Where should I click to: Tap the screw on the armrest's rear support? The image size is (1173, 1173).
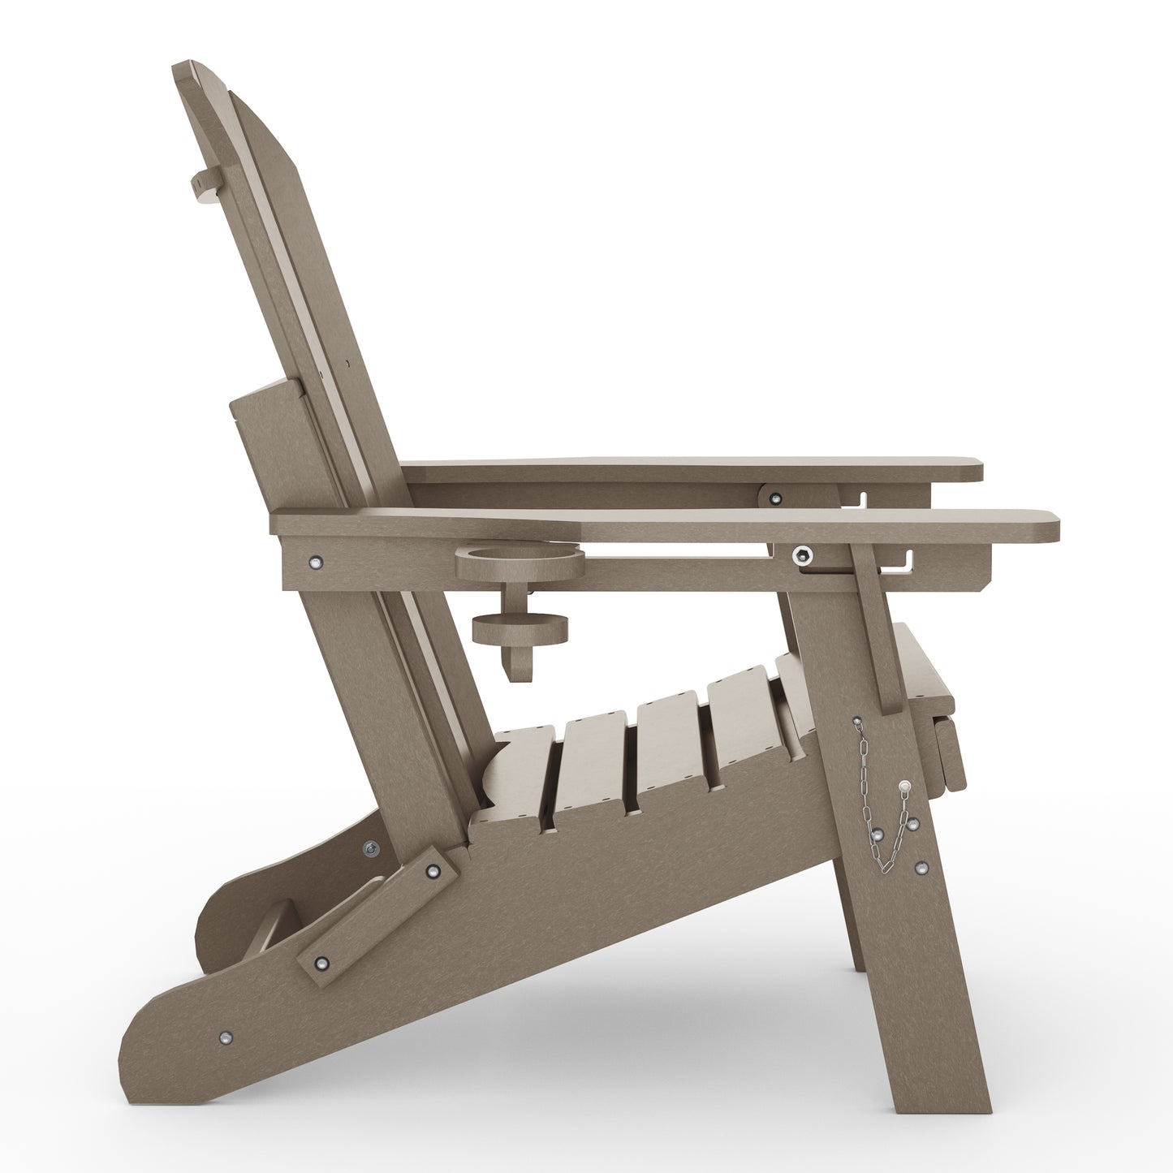(315, 560)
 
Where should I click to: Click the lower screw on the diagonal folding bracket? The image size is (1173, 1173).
(322, 963)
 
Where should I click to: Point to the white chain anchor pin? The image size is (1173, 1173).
(905, 785)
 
